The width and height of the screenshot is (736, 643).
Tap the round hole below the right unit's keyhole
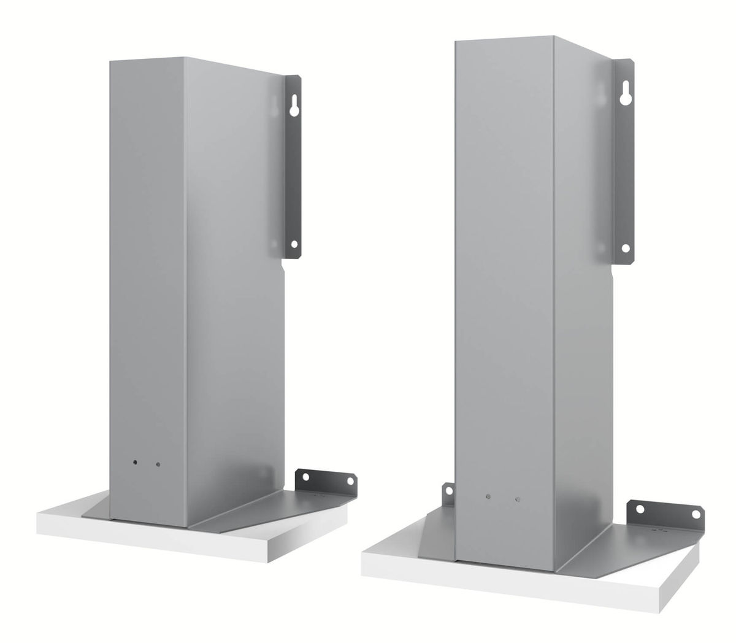[626, 248]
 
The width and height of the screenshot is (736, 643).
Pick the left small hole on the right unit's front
[488, 496]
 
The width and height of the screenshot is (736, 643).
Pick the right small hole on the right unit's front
[518, 499]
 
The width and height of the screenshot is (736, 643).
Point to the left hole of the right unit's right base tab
[640, 509]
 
